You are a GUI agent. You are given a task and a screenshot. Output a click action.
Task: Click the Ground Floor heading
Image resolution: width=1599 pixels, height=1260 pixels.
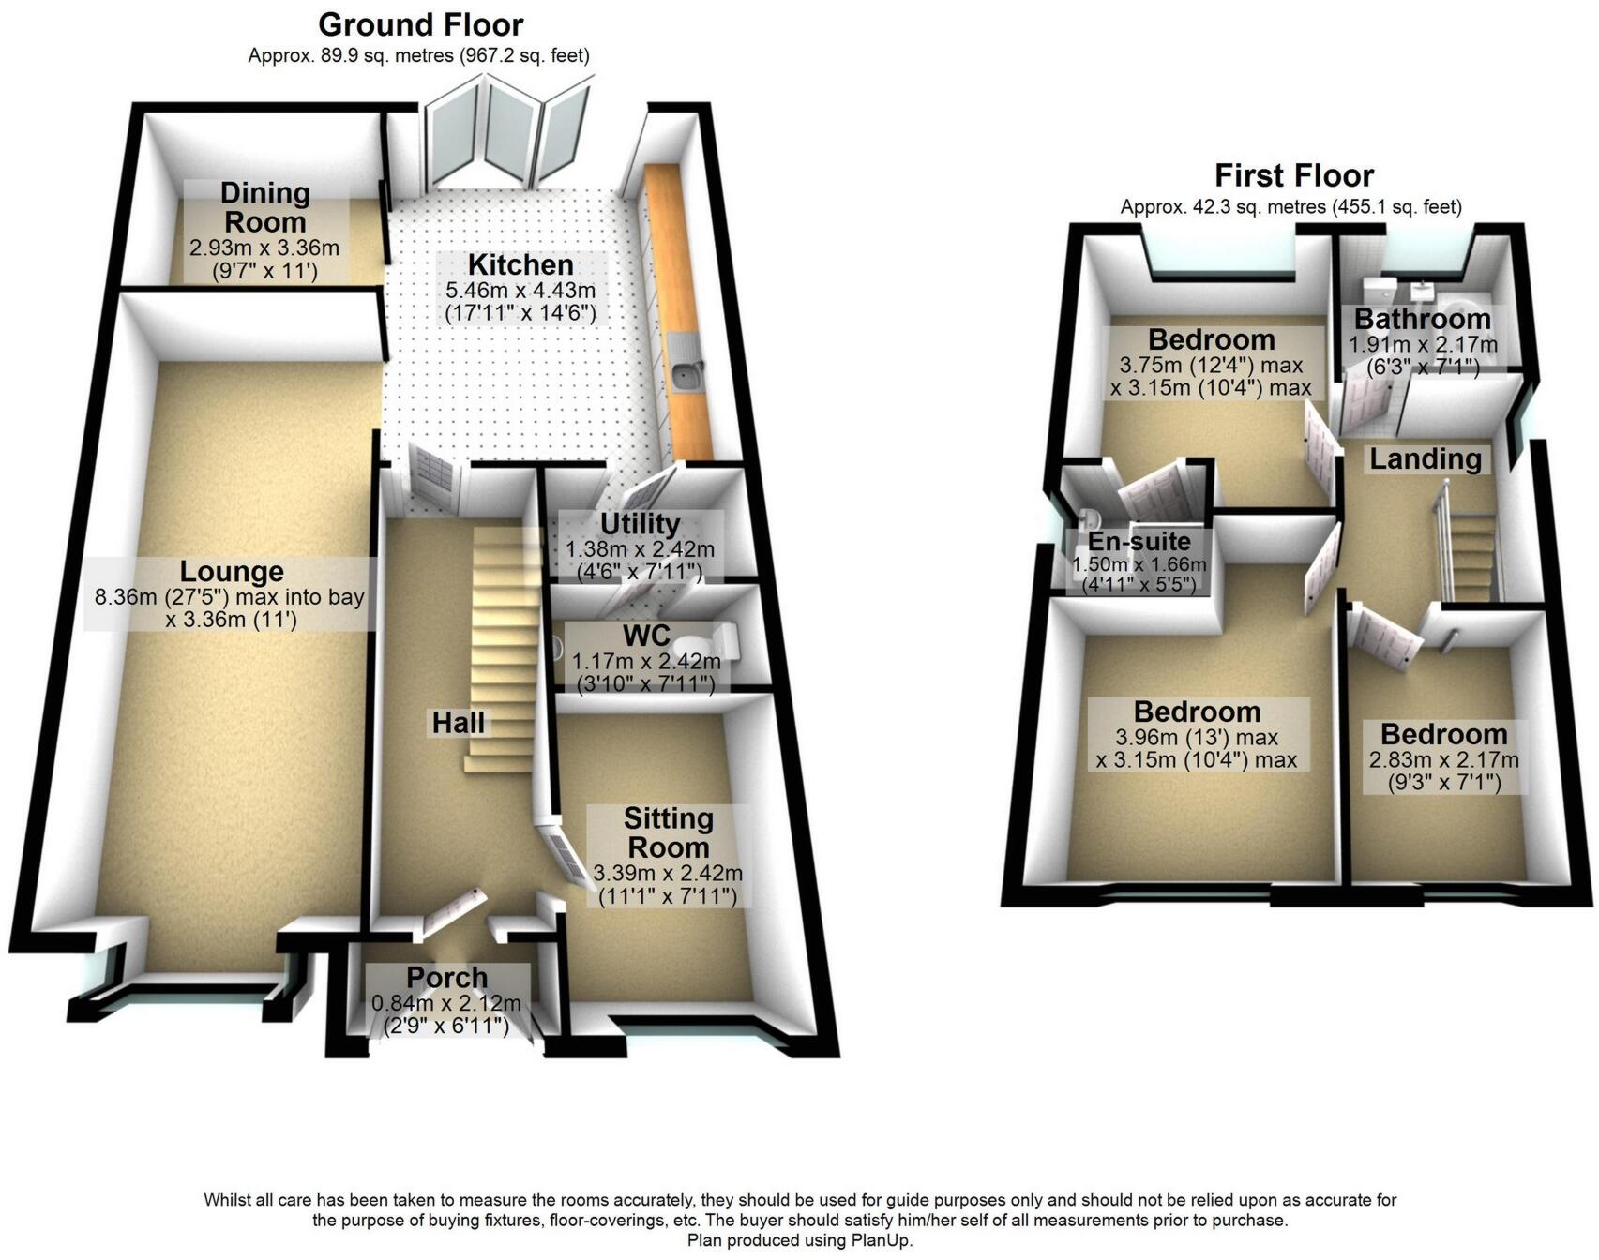click(x=420, y=24)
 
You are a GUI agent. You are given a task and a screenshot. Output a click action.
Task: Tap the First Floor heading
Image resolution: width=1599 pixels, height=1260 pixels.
click(x=1293, y=175)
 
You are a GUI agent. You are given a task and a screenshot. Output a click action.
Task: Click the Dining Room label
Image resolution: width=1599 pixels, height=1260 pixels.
click(x=264, y=207)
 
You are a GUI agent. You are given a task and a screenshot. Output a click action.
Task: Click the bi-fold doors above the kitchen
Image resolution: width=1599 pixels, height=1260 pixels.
click(x=506, y=136)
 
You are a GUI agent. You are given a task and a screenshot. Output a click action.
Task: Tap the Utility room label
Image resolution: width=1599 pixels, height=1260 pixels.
click(x=640, y=523)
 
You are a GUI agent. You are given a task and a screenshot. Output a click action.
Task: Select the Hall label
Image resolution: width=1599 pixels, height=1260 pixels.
click(x=459, y=723)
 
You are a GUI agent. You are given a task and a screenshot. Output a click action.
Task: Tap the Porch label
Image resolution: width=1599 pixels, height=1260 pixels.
click(x=446, y=978)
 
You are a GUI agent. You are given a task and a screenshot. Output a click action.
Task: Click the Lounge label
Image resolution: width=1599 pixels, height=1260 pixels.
click(x=232, y=572)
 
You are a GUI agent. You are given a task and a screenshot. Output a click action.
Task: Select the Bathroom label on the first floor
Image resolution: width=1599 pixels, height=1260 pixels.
click(x=1422, y=319)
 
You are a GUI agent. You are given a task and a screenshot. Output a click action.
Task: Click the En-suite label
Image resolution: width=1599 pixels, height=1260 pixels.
click(x=1139, y=542)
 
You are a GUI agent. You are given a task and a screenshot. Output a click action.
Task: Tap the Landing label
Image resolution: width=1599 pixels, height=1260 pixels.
click(x=1426, y=458)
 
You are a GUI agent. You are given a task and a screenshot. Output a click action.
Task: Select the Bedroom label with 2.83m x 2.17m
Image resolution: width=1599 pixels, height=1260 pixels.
click(x=1443, y=733)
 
